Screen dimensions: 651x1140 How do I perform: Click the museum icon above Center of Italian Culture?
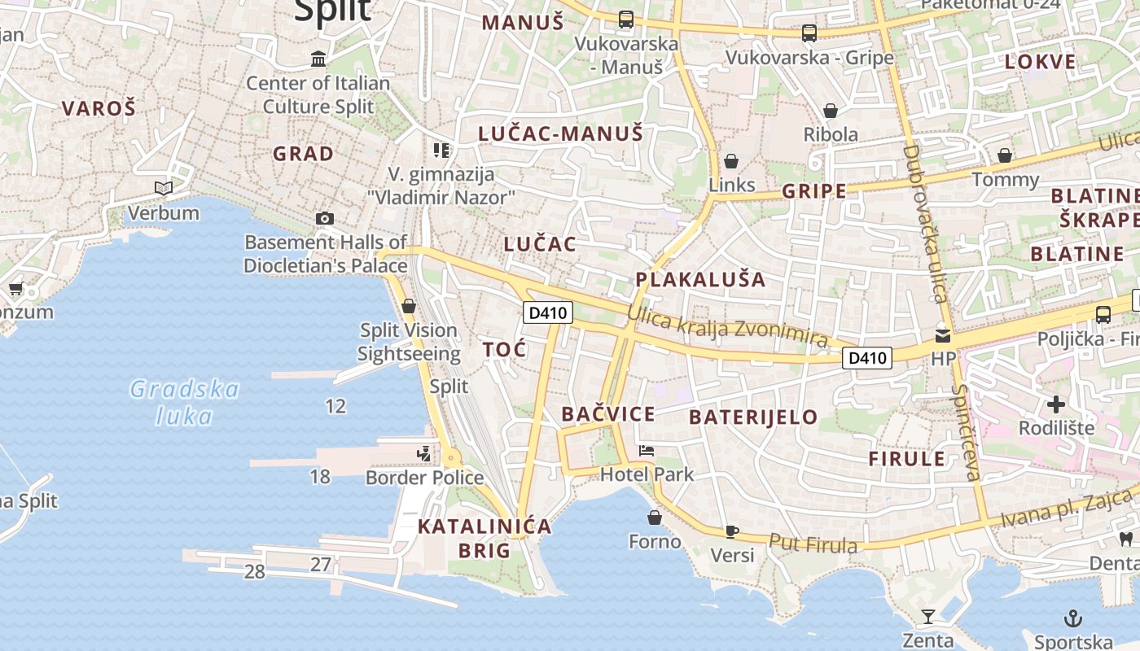coord(318,59)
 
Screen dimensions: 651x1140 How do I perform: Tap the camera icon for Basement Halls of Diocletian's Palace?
coord(325,218)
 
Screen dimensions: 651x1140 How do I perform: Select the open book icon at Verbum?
coord(164,189)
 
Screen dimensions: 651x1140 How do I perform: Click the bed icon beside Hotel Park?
coord(647,451)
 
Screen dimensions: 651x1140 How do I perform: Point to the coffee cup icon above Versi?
coord(732,531)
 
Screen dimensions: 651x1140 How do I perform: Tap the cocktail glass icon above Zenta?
coord(927,616)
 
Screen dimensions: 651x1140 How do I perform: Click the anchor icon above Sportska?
coord(1073,618)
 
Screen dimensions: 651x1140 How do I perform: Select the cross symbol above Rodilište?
coord(1056,404)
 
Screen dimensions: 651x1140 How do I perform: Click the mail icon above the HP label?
coord(943,335)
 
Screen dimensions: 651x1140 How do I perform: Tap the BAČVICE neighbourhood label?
coord(608,414)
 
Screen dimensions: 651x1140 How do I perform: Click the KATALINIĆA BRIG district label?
coord(484,538)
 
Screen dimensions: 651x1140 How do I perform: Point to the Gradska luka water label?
coord(185,403)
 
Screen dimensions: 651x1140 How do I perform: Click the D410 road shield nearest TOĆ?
coord(547,312)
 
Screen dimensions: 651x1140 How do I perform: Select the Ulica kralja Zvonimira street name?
coord(727,326)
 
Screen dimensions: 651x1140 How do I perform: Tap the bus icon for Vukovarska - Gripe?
coord(809,33)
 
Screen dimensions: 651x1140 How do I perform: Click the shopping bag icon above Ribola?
coord(831,111)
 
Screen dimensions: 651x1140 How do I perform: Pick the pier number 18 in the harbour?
coord(320,476)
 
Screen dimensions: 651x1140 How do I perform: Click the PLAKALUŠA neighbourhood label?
coord(700,279)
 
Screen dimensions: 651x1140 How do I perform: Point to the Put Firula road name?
coord(813,544)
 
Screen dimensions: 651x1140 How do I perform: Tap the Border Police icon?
coord(423,453)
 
